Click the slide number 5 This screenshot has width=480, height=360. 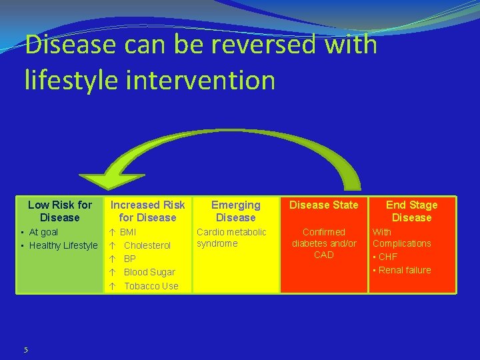pos(25,349)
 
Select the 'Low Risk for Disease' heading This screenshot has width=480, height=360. pos(59,211)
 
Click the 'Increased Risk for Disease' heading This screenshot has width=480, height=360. pos(147,211)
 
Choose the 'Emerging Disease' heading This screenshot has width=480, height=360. pos(235,211)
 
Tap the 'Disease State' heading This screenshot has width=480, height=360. pos(323,205)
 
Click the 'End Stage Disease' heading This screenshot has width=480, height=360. pos(411,211)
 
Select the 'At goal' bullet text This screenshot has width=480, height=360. pos(43,232)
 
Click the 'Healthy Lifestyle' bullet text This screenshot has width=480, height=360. pos(63,245)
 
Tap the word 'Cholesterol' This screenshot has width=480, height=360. pos(147,245)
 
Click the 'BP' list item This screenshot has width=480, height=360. pos(130,259)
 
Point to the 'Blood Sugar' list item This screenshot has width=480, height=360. pos(149,272)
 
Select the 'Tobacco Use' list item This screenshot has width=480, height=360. pos(151,286)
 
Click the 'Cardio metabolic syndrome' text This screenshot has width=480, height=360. pos(231,237)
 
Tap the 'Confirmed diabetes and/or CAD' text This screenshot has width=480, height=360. pos(323,243)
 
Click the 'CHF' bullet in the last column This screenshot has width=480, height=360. pos(387,257)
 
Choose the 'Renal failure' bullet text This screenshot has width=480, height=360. pos(405,270)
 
